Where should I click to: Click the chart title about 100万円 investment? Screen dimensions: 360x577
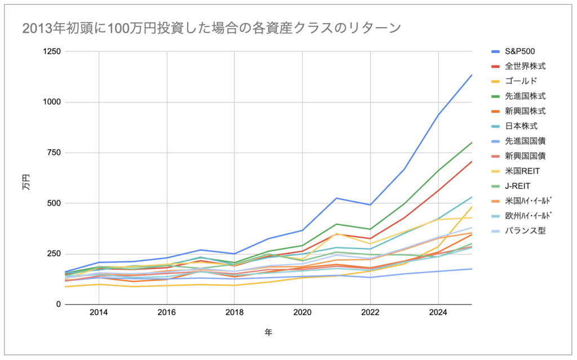tap(212, 28)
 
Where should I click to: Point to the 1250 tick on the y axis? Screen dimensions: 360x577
tap(51, 52)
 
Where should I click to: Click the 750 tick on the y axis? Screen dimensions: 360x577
tap(54, 153)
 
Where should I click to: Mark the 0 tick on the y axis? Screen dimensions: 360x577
tap(58, 304)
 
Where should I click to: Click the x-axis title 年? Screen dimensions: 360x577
tap(268, 333)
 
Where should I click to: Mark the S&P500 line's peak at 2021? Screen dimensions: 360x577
tap(336, 198)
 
